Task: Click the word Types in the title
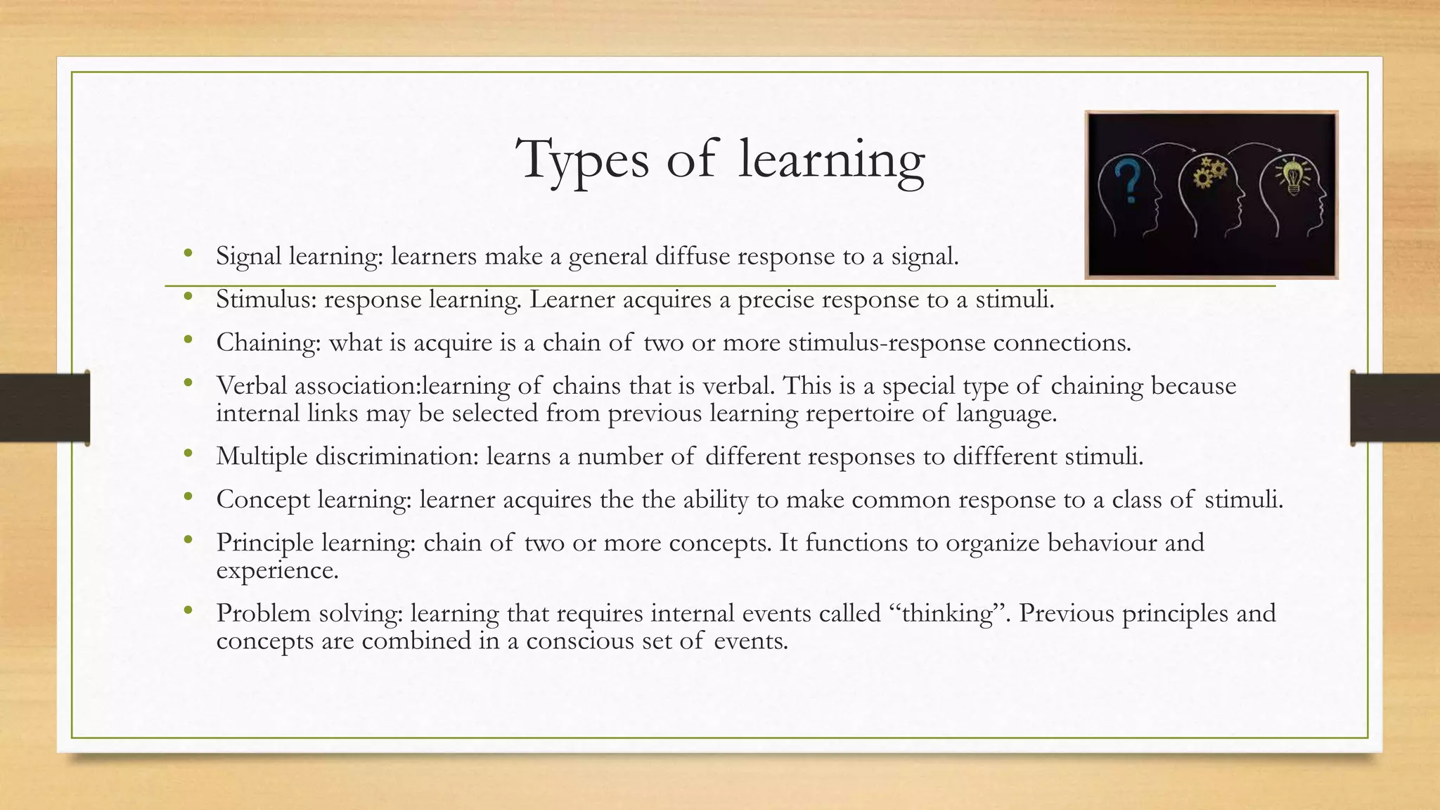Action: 582,160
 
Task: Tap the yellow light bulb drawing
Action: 1292,177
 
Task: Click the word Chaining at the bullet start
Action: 268,343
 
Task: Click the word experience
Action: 277,570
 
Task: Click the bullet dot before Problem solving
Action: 187,611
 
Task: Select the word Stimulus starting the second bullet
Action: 266,300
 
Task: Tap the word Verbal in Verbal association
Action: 251,386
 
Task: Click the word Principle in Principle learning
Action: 265,543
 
